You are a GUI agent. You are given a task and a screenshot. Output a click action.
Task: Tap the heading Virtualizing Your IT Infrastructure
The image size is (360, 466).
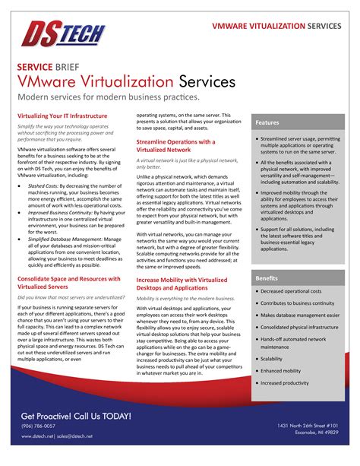point(62,116)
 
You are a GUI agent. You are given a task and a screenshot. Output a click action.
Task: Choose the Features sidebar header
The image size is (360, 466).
point(267,122)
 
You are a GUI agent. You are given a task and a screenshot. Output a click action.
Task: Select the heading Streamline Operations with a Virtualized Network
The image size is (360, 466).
point(175,146)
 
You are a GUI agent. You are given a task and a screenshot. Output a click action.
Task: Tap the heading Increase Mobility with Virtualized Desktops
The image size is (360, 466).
point(182,284)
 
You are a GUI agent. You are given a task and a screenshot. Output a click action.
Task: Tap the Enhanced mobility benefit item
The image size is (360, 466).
point(281,370)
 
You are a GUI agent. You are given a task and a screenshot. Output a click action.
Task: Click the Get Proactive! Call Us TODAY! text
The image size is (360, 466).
point(76,417)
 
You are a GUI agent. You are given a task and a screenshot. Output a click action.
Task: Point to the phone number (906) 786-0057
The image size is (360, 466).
point(38,426)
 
